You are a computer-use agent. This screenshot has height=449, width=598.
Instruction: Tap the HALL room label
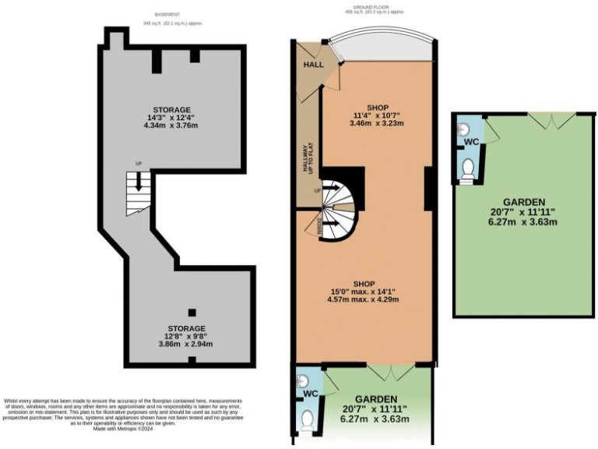pyautogui.click(x=313, y=64)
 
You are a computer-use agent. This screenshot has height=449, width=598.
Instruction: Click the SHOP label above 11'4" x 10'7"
pyautogui.click(x=376, y=107)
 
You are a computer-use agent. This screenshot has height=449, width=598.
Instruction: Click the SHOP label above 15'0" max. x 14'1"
pyautogui.click(x=364, y=283)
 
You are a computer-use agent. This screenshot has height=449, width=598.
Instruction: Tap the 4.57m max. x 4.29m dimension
pyautogui.click(x=364, y=300)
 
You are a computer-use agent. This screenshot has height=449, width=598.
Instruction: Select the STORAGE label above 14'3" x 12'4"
pyautogui.click(x=171, y=109)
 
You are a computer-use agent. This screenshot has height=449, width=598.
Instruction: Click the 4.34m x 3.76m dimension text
pyautogui.click(x=171, y=126)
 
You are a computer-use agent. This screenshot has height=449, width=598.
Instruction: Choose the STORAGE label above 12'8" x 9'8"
pyautogui.click(x=186, y=328)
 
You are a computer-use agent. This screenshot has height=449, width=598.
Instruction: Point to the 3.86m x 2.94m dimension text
pyautogui.click(x=186, y=344)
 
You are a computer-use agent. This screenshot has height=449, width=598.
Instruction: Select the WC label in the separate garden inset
pyautogui.click(x=471, y=143)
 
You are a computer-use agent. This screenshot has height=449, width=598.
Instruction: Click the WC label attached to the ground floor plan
pyautogui.click(x=311, y=394)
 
